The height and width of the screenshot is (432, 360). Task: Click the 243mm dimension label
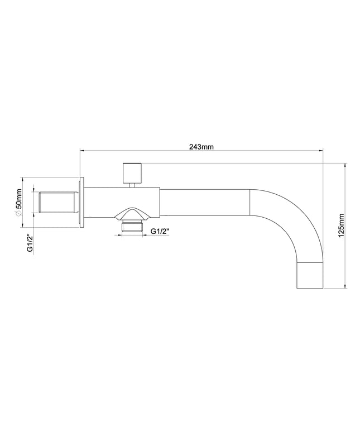coord(201,147)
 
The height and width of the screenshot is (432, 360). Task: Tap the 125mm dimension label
coord(341,225)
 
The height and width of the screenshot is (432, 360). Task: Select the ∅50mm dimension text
coord(18,203)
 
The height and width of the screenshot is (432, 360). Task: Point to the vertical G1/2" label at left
coord(30,243)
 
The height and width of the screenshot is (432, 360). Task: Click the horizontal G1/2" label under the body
coord(160,232)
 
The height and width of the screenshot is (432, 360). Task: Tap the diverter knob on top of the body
coord(132,173)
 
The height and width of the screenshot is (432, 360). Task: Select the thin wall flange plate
coord(81,203)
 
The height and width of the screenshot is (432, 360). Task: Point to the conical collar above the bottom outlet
coord(132,215)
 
